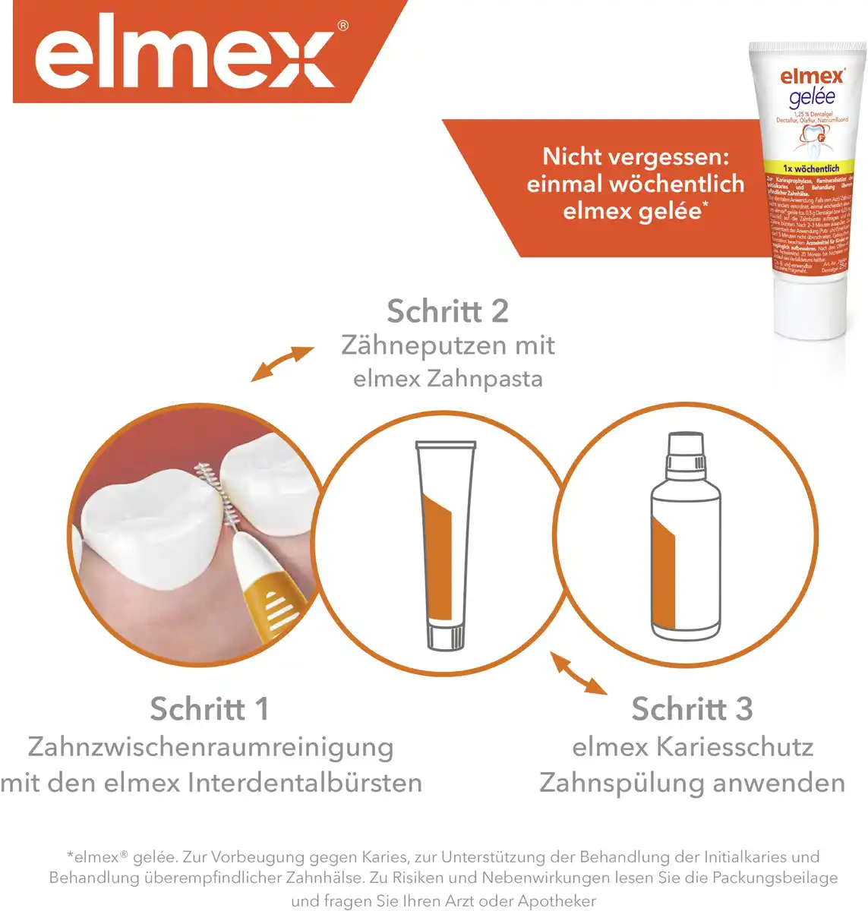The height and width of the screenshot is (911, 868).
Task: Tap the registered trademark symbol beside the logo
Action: (342, 27)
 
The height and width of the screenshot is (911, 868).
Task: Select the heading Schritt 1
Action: (210, 709)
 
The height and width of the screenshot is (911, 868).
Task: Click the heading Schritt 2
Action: (447, 311)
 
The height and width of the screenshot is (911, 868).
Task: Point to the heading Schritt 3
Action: (692, 709)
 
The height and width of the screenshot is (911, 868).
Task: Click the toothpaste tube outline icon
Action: (446, 545)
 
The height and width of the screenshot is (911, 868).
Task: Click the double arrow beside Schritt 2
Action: (282, 364)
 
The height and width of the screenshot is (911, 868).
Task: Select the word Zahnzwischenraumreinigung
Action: (210, 747)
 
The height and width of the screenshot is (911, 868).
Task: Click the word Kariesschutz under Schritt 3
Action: (734, 747)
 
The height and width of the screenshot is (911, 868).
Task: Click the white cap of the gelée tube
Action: (810, 304)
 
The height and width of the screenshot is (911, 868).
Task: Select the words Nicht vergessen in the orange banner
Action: (635, 157)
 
